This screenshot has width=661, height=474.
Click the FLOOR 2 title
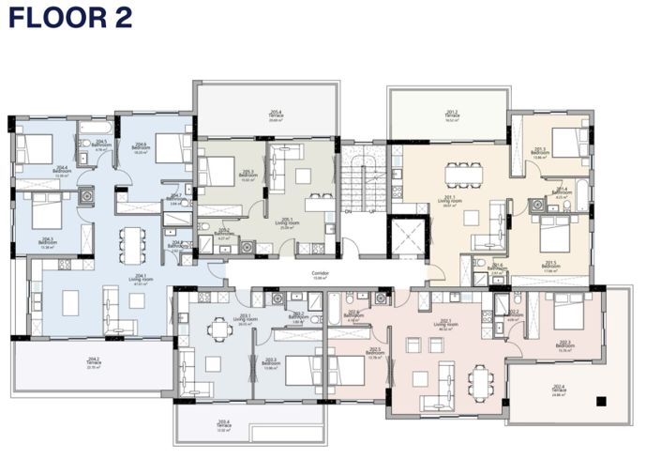pos(70,18)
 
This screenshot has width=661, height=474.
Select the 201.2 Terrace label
pos(451,116)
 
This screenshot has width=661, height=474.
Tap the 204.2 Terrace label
pos(94,361)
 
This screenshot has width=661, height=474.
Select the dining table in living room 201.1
pos(460,171)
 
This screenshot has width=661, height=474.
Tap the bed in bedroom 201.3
pos(568,141)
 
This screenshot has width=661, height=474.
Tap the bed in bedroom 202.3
pos(568,309)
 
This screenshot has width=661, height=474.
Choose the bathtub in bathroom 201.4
pos(579,199)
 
